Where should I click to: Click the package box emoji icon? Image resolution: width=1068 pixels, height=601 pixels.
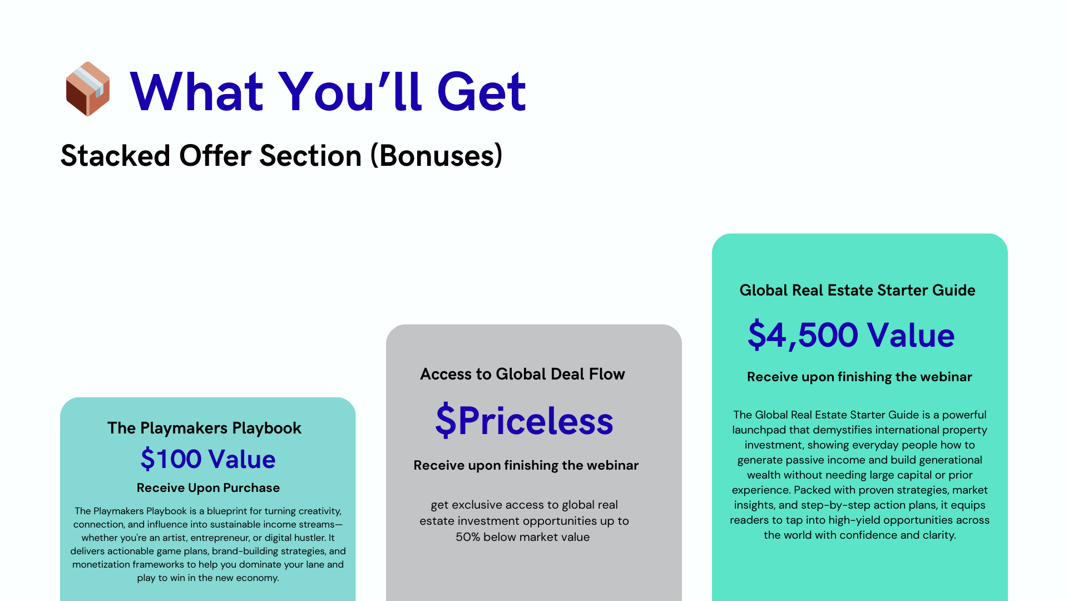pyautogui.click(x=88, y=89)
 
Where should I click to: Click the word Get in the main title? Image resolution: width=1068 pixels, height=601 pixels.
pyautogui.click(x=482, y=91)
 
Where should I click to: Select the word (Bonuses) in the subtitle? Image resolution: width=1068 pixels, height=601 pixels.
pyautogui.click(x=437, y=155)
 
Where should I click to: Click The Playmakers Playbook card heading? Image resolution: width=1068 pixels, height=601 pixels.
pyautogui.click(x=204, y=428)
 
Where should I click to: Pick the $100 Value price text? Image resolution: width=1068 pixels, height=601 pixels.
pyautogui.click(x=208, y=459)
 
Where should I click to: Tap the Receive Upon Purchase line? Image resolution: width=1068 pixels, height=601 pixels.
pyautogui.click(x=208, y=488)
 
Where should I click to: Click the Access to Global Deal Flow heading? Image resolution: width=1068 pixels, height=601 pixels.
pyautogui.click(x=522, y=374)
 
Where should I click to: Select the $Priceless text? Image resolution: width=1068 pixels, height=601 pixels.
pyautogui.click(x=525, y=421)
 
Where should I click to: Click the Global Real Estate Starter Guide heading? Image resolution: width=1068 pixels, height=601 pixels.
pyautogui.click(x=857, y=290)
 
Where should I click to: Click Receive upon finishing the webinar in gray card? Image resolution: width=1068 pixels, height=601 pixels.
pyautogui.click(x=526, y=465)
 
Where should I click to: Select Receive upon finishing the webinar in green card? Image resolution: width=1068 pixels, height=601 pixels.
pyautogui.click(x=859, y=377)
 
